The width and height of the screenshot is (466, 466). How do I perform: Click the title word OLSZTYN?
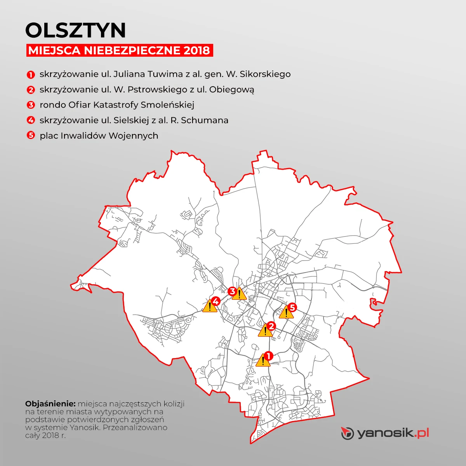click(76, 30)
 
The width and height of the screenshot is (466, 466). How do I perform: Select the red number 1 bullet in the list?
click(31, 74)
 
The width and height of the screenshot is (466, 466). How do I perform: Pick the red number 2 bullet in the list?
click(31, 90)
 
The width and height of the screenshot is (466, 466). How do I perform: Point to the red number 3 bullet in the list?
click(31, 105)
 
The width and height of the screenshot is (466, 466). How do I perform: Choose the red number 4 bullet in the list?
click(31, 120)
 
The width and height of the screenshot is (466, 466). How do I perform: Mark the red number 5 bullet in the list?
click(31, 136)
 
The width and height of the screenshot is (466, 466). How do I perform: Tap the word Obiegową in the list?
click(232, 90)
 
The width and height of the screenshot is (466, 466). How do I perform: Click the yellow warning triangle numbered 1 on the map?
click(263, 361)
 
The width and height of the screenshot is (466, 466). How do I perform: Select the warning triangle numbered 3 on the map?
click(239, 294)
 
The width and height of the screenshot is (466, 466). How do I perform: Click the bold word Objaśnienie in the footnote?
click(50, 403)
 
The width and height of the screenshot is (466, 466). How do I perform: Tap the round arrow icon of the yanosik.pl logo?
click(347, 433)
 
